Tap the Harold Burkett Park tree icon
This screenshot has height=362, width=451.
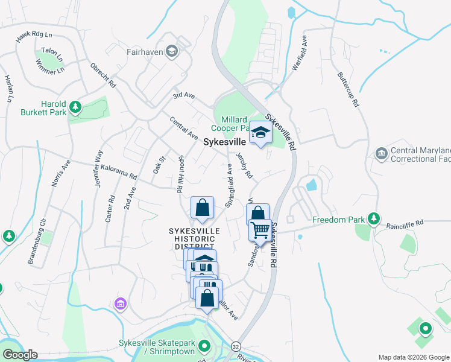pyautogui.click(x=75, y=107)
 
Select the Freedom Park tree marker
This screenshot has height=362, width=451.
pyautogui.click(x=374, y=218)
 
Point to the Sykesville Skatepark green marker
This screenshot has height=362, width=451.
pyautogui.click(x=204, y=347)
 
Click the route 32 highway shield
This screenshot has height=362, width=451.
pyautogui.click(x=235, y=347)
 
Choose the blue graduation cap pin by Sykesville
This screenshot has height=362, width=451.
pyautogui.click(x=260, y=133)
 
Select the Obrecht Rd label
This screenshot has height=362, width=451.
pyautogui.click(x=102, y=75)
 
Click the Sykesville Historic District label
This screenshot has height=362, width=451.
pyautogui.click(x=194, y=239)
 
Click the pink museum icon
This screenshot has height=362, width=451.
pyautogui.click(x=120, y=302)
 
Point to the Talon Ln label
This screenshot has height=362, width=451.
pyautogui.click(x=51, y=54)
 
